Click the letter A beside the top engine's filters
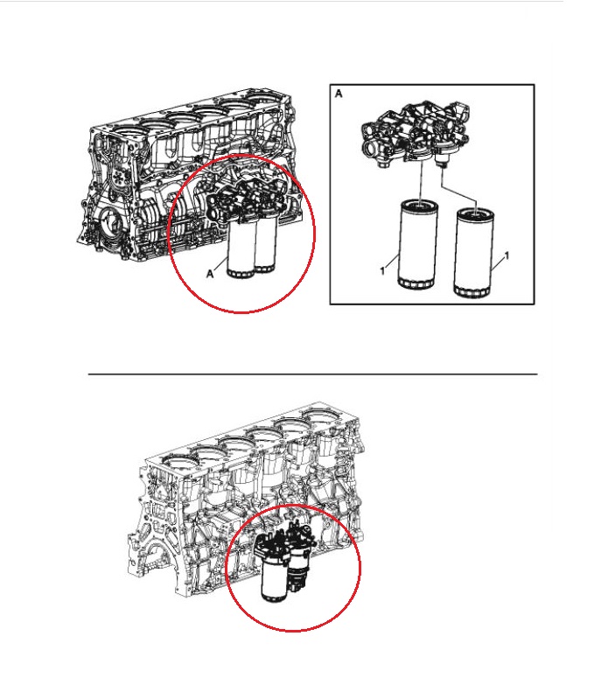tap(210, 274)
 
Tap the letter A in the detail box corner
tap(339, 94)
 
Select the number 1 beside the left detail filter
tap(382, 270)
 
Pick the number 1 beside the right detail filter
tap(507, 255)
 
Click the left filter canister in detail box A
tap(417, 244)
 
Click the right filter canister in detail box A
tap(474, 253)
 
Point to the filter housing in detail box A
tap(415, 134)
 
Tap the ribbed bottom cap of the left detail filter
tap(416, 283)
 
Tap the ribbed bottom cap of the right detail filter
tap(472, 292)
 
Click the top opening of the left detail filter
tap(419, 206)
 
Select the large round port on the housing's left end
tap(371, 148)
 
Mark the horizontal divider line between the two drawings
tap(312, 374)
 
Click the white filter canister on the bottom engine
tap(275, 578)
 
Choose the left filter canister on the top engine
tap(241, 248)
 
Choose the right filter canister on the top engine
tap(266, 245)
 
